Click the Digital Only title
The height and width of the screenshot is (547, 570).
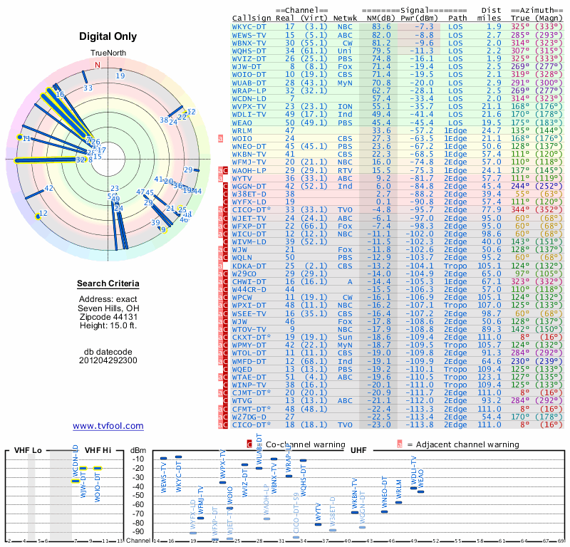[x=108, y=36]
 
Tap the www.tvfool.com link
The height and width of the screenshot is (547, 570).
[x=108, y=426]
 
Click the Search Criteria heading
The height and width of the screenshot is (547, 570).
[x=108, y=284]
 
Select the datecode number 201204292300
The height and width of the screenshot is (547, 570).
[x=108, y=360]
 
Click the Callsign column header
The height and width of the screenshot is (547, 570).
[x=252, y=18]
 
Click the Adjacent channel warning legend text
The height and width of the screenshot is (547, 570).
[x=463, y=444]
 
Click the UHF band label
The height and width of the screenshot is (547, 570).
[x=358, y=451]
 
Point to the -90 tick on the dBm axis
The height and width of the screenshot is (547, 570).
[x=138, y=531]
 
